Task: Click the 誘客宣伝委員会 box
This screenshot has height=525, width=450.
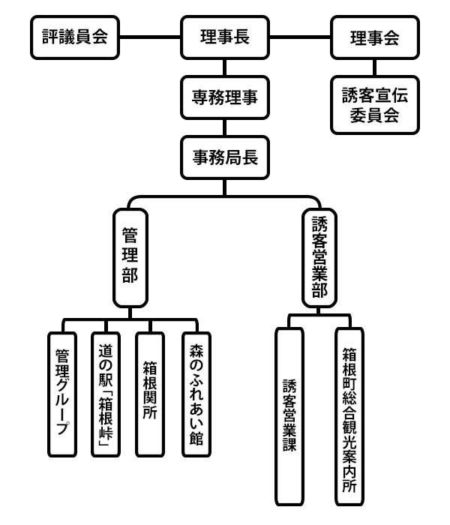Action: tap(374, 105)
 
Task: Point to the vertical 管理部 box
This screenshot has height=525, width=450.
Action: tap(129, 256)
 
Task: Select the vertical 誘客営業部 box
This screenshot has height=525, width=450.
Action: tap(320, 256)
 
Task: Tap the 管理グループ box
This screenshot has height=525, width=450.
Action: tap(63, 393)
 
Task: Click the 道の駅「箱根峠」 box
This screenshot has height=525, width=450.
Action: tap(106, 393)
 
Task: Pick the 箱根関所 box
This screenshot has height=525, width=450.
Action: tap(149, 393)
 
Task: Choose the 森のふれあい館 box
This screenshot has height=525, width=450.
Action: tap(196, 393)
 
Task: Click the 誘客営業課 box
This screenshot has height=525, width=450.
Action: tap(291, 416)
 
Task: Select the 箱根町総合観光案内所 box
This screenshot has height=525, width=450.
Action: tap(349, 416)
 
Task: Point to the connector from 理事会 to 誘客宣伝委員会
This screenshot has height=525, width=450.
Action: tap(374, 67)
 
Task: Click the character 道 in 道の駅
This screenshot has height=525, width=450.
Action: tap(106, 349)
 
